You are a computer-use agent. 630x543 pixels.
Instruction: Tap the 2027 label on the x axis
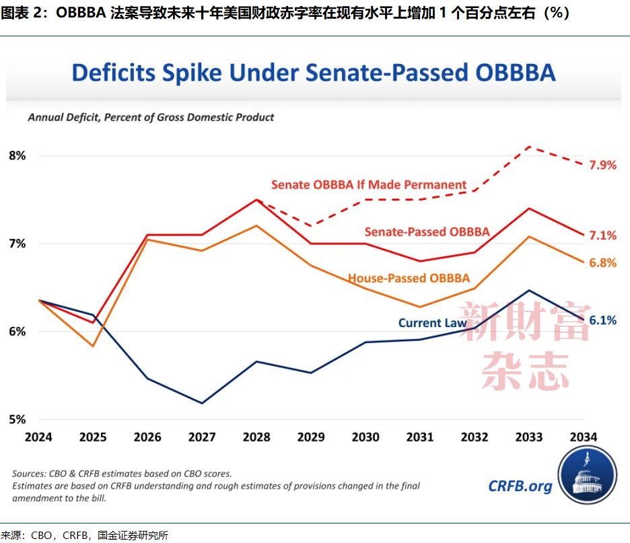click(x=202, y=437)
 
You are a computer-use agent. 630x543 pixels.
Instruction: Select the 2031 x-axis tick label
click(x=420, y=437)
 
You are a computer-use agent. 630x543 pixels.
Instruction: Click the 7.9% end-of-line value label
click(x=602, y=165)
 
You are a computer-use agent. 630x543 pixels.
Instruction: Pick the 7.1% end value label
click(x=602, y=235)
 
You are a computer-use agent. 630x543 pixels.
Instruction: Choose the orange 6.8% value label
click(x=602, y=263)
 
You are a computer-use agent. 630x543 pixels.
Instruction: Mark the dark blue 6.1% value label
click(x=602, y=320)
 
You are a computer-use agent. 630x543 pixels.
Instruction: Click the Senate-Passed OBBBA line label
click(x=427, y=231)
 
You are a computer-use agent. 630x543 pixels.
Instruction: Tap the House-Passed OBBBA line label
click(x=409, y=278)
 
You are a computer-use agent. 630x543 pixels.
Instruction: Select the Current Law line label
click(x=432, y=323)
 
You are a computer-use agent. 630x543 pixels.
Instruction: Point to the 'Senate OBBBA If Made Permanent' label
click(x=369, y=184)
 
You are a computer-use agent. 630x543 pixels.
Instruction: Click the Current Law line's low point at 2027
click(x=202, y=403)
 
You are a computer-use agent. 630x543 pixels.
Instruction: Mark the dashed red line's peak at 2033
click(x=529, y=147)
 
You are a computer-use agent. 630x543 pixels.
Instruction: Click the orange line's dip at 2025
click(x=93, y=346)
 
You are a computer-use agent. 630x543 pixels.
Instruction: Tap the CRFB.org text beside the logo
click(x=520, y=486)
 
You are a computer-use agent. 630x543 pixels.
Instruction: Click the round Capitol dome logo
click(x=588, y=475)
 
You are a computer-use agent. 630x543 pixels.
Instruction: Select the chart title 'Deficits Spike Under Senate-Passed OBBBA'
click(x=314, y=73)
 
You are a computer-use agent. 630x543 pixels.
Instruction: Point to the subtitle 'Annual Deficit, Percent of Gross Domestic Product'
click(x=151, y=117)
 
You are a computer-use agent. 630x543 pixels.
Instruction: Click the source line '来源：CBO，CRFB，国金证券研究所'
click(x=84, y=536)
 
